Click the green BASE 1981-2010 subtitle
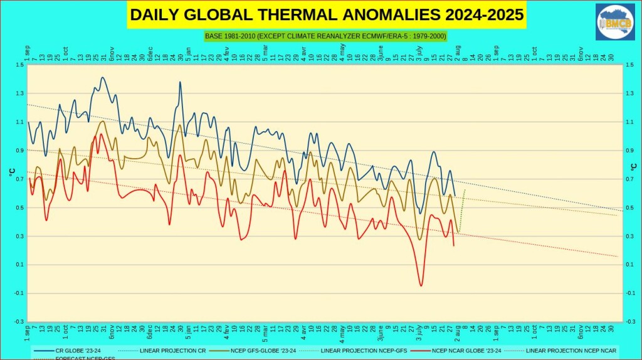point(325,36)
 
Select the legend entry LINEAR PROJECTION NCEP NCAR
point(571,350)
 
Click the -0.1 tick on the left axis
point(19,293)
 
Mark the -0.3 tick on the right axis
point(629,322)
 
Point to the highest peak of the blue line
point(102,78)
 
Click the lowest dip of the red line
point(421,286)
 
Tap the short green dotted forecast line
point(462,207)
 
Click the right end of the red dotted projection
point(618,257)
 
